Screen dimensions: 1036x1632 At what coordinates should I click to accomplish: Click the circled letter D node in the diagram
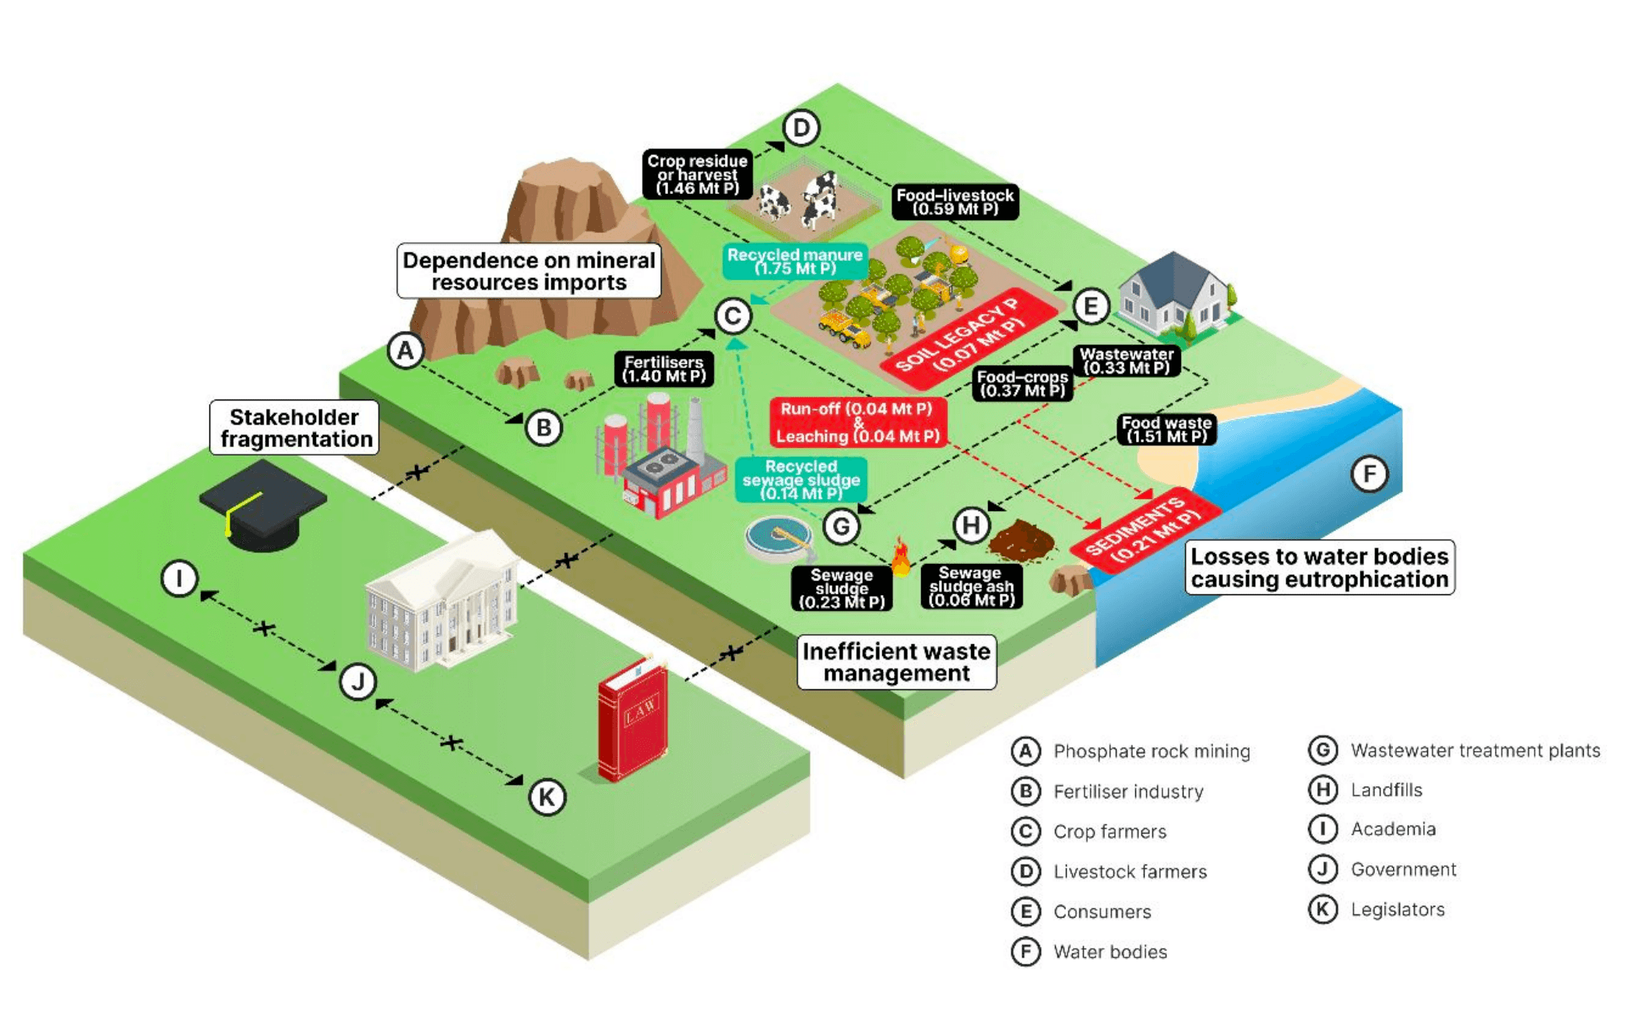point(801,128)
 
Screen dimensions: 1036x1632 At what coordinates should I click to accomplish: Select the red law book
point(632,719)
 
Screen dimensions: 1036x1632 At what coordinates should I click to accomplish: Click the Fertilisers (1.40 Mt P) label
point(663,369)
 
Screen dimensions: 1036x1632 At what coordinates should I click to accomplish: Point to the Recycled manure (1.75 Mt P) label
point(794,262)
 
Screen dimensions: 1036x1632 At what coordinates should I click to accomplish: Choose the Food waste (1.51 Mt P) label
point(1166,429)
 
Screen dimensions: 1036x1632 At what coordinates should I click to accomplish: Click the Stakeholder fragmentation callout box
point(295,428)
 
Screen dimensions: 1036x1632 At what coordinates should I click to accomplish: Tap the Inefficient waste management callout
point(896,662)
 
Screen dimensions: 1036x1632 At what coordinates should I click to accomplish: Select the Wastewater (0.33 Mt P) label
point(1126,361)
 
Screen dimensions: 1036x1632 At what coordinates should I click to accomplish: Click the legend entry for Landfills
point(1386,790)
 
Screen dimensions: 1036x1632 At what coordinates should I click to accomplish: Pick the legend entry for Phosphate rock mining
point(1151,751)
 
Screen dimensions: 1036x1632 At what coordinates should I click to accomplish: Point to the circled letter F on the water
point(1369,474)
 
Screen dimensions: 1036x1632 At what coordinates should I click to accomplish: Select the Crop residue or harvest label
point(697,174)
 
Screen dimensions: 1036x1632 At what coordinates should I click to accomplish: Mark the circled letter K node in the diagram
point(547,797)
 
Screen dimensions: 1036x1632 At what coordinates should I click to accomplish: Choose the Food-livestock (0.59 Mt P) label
point(955,202)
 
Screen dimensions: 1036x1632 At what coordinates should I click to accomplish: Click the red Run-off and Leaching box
point(857,422)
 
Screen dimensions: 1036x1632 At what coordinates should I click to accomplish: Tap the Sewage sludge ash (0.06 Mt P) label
point(971,587)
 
